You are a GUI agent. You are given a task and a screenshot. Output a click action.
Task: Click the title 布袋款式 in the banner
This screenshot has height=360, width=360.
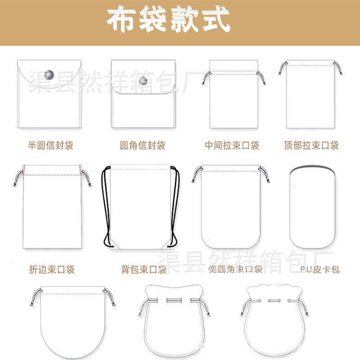168,20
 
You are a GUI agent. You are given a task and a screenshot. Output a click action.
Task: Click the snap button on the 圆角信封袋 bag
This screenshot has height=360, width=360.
144,81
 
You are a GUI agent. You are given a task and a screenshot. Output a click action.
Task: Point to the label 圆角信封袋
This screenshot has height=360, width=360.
143,145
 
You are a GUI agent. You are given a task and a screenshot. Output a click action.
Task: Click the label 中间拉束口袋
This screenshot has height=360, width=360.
232,145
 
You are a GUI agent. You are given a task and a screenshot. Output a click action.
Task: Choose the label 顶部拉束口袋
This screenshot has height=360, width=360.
311,145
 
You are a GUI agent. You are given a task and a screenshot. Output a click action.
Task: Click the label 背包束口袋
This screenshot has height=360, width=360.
144,270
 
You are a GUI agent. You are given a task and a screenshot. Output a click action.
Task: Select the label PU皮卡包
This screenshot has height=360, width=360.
320,270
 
